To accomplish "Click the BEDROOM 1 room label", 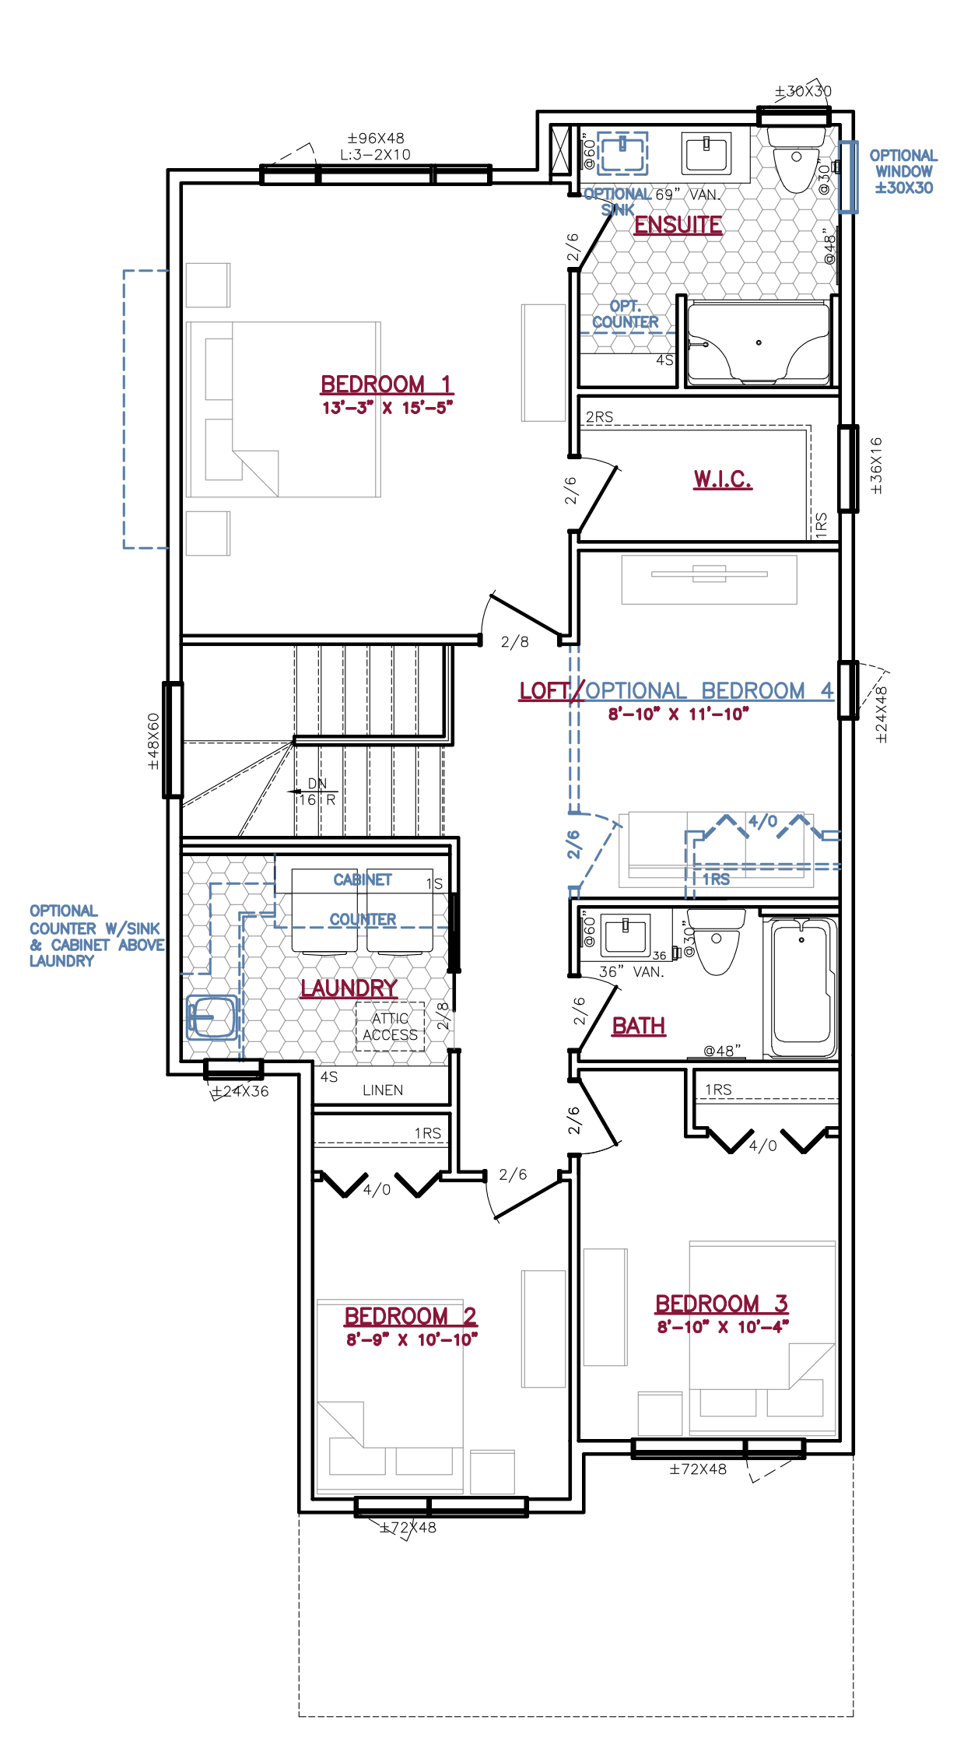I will tap(386, 384).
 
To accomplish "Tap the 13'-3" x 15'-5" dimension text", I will tap(387, 408).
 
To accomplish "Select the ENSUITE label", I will tap(678, 225).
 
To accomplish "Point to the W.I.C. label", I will tap(723, 479).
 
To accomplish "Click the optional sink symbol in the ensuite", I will tap(622, 153).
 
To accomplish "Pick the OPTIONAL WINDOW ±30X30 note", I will tap(903, 172).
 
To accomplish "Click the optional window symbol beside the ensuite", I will tap(847, 177).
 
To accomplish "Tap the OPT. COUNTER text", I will tap(626, 314).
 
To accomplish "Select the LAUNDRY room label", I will tap(349, 988).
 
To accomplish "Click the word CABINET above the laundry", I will tap(363, 879).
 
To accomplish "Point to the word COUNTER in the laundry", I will tap(363, 919).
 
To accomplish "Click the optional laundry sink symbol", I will tap(212, 1017).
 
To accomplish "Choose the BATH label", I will tap(639, 1027).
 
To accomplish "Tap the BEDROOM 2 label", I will tap(411, 1317).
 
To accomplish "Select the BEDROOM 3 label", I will tap(722, 1304).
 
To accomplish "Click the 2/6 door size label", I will tap(573, 844).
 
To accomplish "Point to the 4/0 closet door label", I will tap(762, 821).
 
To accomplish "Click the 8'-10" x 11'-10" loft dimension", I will tap(678, 714).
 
